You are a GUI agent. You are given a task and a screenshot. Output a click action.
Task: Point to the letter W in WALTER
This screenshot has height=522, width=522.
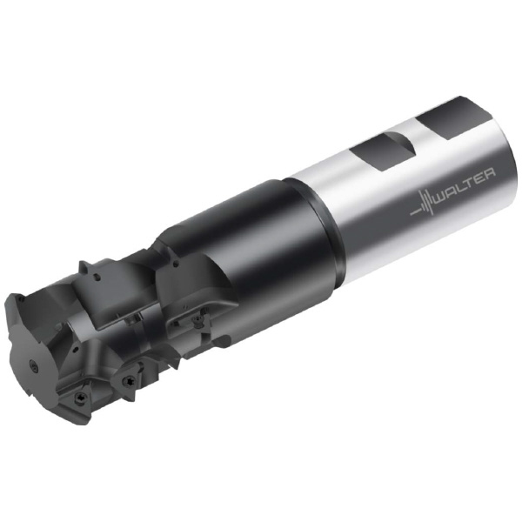(x=442, y=197)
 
